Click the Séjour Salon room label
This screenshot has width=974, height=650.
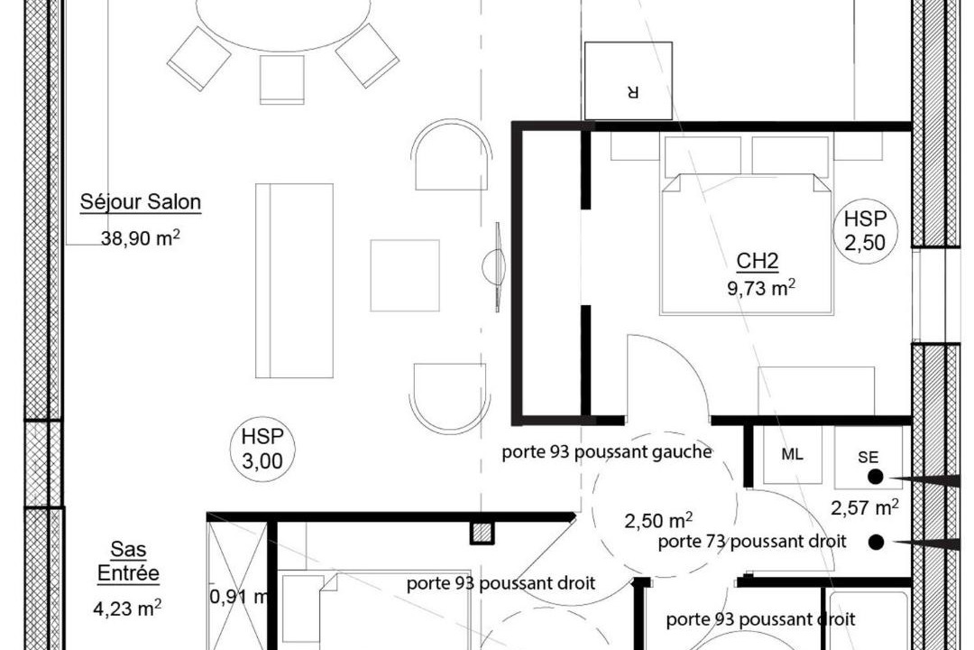(x=141, y=202)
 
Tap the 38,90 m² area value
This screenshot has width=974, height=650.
(x=141, y=237)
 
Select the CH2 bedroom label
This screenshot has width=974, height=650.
(x=758, y=261)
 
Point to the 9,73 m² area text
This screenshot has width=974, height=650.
(x=761, y=287)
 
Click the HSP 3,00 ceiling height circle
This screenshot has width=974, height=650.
(x=262, y=449)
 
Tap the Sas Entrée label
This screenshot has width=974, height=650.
(x=129, y=561)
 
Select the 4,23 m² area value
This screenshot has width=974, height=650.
(x=127, y=607)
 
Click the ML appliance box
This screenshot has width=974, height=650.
(x=792, y=455)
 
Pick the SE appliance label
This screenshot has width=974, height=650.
(x=868, y=457)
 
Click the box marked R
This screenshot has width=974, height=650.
(x=629, y=81)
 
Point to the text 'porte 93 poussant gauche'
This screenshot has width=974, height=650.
(x=607, y=452)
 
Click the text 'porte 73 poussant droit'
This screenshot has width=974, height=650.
(x=752, y=542)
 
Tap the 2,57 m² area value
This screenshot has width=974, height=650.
(x=865, y=507)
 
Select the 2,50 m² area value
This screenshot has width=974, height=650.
(x=658, y=520)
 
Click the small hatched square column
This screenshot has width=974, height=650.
(x=482, y=533)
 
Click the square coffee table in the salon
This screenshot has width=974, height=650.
(x=405, y=275)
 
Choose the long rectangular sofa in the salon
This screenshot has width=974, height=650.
(x=294, y=281)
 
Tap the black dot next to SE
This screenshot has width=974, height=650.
(x=875, y=477)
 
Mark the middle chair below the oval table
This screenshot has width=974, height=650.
(x=282, y=79)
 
